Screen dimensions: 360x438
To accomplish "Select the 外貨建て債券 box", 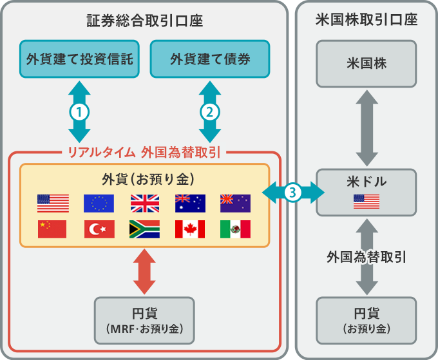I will [209, 59].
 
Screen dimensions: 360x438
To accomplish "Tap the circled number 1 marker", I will [79, 111].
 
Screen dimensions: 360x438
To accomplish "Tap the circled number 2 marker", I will [209, 111].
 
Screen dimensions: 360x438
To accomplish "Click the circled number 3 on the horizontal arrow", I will [293, 192].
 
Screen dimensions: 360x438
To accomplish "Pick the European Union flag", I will [99, 204].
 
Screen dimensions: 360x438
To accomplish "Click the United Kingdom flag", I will [145, 204].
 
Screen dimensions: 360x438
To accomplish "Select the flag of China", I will [53, 229].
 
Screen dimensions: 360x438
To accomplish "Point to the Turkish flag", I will [99, 229].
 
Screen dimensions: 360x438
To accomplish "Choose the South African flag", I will [145, 229].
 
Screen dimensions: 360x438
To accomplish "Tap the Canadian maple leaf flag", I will [190, 229].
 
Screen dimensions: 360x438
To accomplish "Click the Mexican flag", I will [235, 229].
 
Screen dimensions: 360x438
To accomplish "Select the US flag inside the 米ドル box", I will [366, 202].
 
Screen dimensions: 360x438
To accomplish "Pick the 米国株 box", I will [366, 64].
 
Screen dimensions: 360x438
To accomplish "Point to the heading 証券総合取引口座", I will [145, 21].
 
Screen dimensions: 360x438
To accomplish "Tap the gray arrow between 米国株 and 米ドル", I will [366, 129].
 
